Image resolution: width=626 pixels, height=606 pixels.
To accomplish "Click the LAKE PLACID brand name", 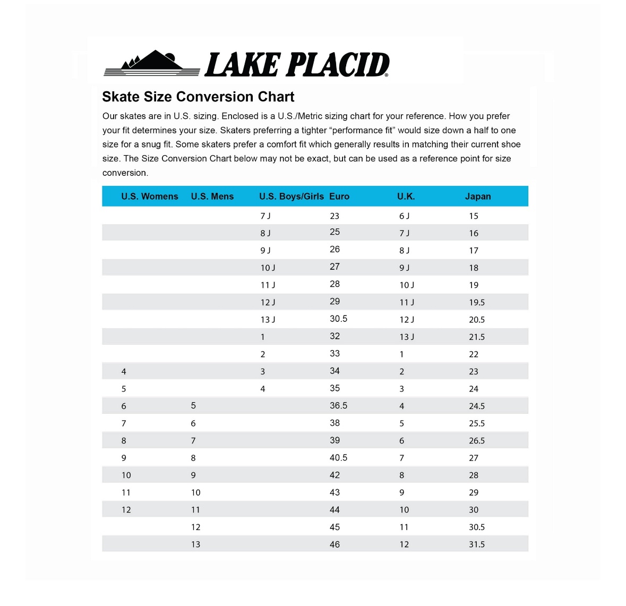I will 297,65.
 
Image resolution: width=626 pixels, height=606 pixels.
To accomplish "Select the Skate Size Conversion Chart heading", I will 198,97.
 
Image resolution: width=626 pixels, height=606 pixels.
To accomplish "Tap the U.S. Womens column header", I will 150,197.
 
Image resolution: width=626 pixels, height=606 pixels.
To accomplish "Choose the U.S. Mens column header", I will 212,197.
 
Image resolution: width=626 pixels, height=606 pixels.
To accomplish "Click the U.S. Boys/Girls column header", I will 291,197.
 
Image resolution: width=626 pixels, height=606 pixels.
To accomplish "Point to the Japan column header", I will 478,197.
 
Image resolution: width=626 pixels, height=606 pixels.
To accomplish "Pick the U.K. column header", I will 406,197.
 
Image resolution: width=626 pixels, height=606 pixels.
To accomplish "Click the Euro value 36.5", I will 338,406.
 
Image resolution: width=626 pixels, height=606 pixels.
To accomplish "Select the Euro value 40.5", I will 338,458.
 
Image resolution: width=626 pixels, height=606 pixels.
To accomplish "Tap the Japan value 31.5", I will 476,544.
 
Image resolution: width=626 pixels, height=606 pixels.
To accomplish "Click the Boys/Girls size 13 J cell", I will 268,320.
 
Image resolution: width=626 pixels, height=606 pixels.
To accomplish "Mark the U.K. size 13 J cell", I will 407,337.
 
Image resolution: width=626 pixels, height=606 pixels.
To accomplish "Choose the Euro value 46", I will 335,544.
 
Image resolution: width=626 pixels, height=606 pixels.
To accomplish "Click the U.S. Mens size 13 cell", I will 195,544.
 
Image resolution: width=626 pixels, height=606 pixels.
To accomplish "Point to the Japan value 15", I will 473,216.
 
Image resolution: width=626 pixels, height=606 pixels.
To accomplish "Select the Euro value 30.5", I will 338,319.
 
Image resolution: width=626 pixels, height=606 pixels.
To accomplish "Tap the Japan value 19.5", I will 476,303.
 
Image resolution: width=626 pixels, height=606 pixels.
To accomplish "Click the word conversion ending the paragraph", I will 125,173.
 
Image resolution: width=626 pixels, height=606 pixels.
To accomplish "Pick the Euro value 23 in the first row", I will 335,216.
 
